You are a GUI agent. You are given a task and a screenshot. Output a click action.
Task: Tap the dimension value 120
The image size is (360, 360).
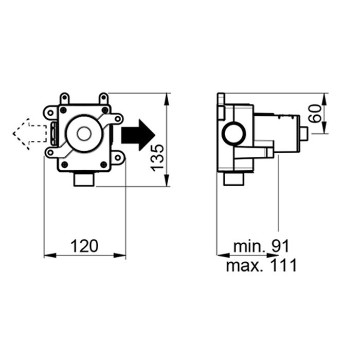84,246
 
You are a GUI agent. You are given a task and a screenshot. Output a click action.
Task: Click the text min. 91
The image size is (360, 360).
261,246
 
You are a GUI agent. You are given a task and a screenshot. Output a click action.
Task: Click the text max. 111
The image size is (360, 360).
261,265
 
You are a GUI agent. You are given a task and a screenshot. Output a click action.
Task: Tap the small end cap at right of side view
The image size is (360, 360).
304,134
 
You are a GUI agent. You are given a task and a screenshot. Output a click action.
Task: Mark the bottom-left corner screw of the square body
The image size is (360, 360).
65,164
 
